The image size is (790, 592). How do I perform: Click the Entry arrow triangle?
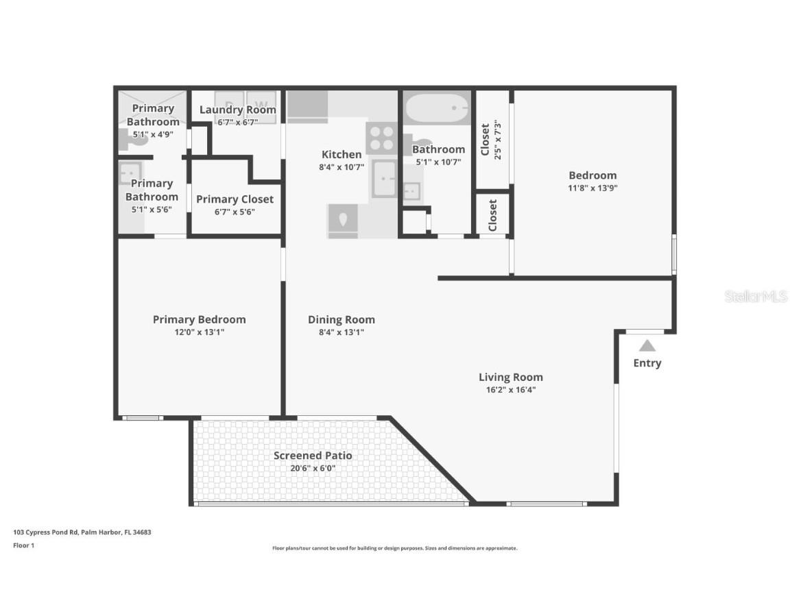[x=647, y=346]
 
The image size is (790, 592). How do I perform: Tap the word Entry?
[x=647, y=363]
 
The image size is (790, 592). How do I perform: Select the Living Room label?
[x=510, y=377]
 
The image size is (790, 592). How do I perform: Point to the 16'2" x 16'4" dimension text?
[x=510, y=390]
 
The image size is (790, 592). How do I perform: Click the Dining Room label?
[x=341, y=319]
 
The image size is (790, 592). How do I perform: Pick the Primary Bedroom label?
[x=199, y=319]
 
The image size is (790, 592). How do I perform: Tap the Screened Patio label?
[x=313, y=456]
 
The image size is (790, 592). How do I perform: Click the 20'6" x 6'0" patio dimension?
[x=313, y=469]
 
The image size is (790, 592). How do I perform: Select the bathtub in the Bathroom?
[x=437, y=108]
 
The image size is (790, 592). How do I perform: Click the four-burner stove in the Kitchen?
[x=382, y=138]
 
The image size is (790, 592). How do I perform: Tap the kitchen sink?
[x=384, y=178]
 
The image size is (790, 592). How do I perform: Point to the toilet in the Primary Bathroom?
[x=132, y=140]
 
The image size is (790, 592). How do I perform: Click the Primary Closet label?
[x=235, y=199]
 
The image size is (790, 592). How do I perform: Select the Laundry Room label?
[x=237, y=110]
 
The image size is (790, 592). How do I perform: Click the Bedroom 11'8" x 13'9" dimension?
[x=592, y=188]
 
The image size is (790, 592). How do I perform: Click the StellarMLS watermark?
[x=756, y=297]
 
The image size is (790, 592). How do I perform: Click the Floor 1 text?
[x=23, y=545]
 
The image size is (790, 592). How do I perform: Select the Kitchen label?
[x=342, y=154]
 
